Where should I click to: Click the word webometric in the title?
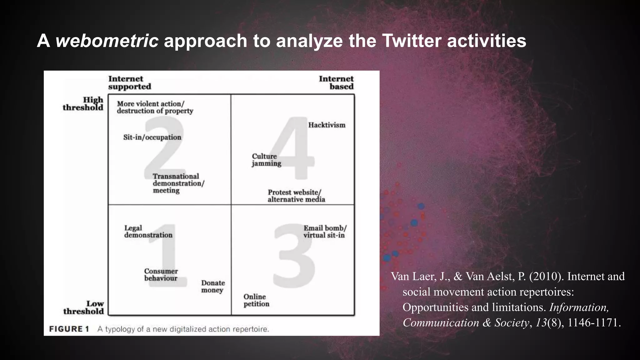pyautogui.click(x=107, y=41)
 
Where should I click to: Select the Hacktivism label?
pyautogui.click(x=327, y=125)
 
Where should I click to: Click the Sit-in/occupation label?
pyautogui.click(x=152, y=137)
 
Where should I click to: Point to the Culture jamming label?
pyautogui.click(x=266, y=160)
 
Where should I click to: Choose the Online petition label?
pyautogui.click(x=256, y=300)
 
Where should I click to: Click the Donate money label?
pyautogui.click(x=213, y=287)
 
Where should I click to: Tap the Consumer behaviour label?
pyautogui.click(x=161, y=275)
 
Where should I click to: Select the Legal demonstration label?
pyautogui.click(x=148, y=232)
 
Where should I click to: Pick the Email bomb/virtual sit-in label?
pyautogui.click(x=325, y=232)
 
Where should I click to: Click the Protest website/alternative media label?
pyautogui.click(x=296, y=196)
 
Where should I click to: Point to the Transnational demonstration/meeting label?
pyautogui.click(x=178, y=183)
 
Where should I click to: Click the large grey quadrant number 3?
pyautogui.click(x=294, y=256)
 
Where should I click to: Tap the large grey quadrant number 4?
pyautogui.click(x=292, y=148)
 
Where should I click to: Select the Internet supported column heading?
pyautogui.click(x=129, y=83)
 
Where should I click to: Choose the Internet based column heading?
pyautogui.click(x=337, y=83)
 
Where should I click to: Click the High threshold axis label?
pyautogui.click(x=83, y=104)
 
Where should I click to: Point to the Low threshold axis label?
pyautogui.click(x=84, y=307)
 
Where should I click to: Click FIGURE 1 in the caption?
pyautogui.click(x=69, y=329)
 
